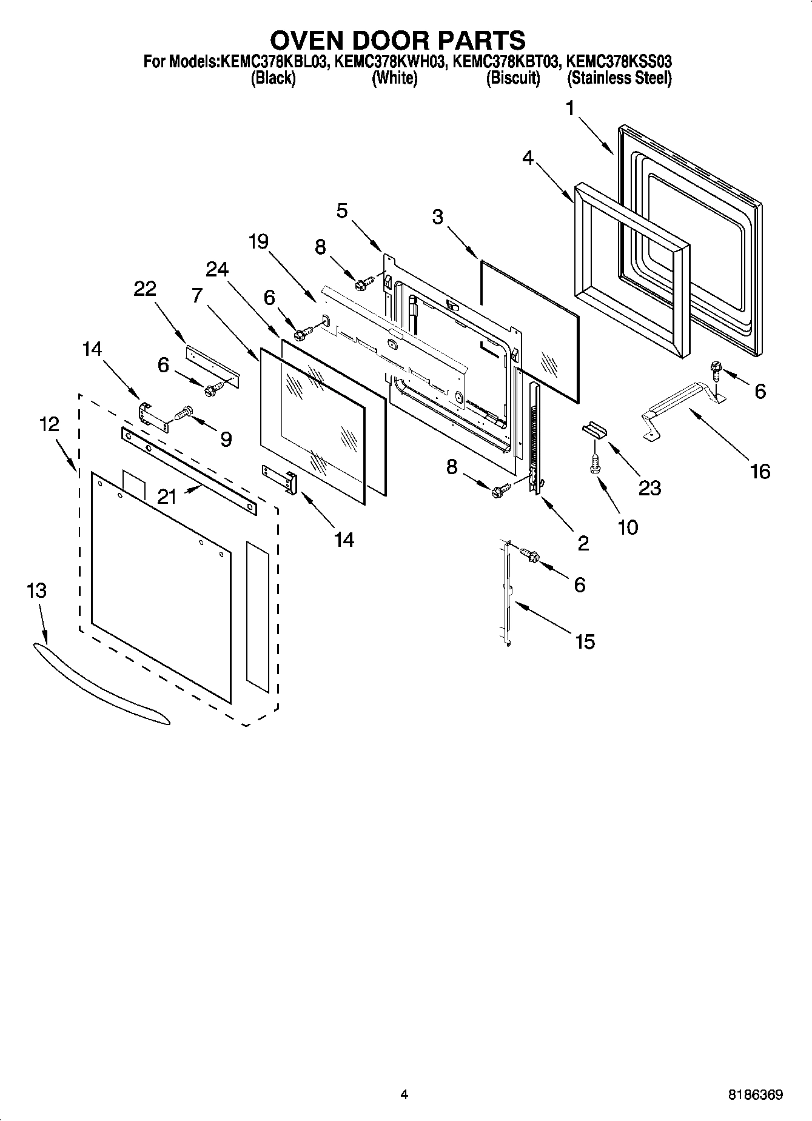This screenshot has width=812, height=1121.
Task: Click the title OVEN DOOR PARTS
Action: tap(397, 40)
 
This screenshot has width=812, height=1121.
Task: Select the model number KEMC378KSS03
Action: tap(619, 62)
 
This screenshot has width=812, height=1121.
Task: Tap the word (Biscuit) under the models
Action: tap(513, 78)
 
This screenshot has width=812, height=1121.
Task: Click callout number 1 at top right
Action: tap(569, 109)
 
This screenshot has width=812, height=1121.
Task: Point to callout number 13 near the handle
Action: tap(37, 591)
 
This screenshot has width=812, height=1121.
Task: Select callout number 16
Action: tap(760, 471)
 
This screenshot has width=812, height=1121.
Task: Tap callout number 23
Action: tap(649, 487)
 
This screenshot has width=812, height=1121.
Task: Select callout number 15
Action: tap(585, 641)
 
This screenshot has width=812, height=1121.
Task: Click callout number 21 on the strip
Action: tap(166, 497)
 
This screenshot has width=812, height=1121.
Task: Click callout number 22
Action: tap(145, 289)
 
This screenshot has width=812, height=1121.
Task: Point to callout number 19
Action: tap(258, 242)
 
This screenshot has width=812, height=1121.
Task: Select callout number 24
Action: tap(216, 269)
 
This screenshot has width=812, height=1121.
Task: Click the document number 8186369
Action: tap(755, 1095)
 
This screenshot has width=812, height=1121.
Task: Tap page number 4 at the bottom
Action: tap(404, 1094)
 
